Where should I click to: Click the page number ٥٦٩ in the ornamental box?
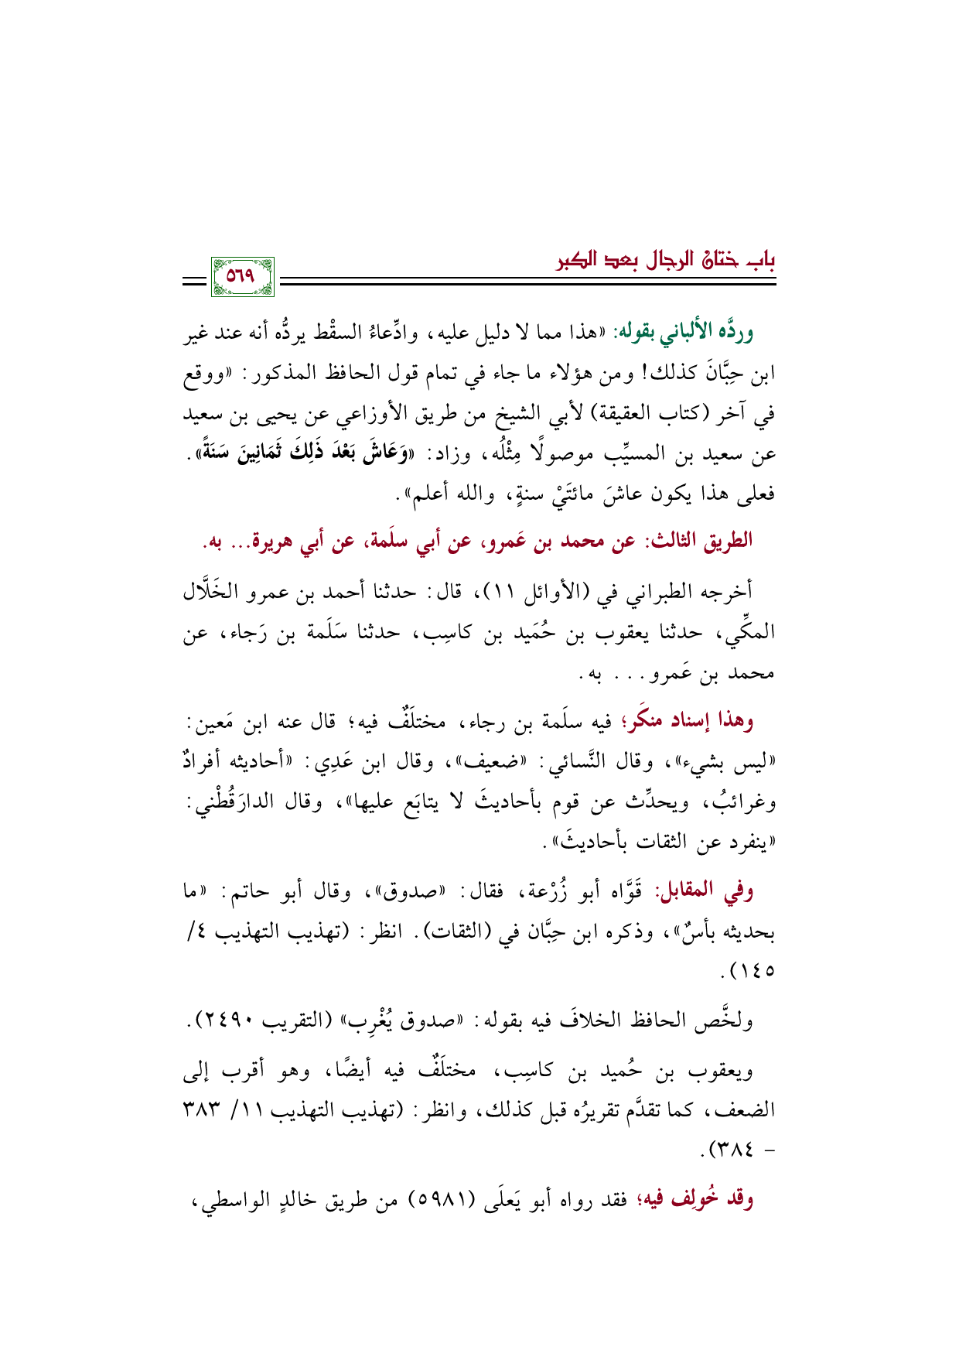[x=242, y=277]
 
